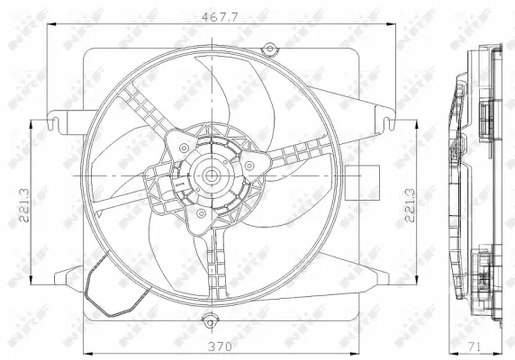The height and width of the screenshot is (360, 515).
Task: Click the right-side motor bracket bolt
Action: coord(249,166)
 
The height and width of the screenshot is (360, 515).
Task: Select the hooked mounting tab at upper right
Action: coord(384,117)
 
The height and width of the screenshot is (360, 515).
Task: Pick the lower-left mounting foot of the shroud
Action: coord(67,274)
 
